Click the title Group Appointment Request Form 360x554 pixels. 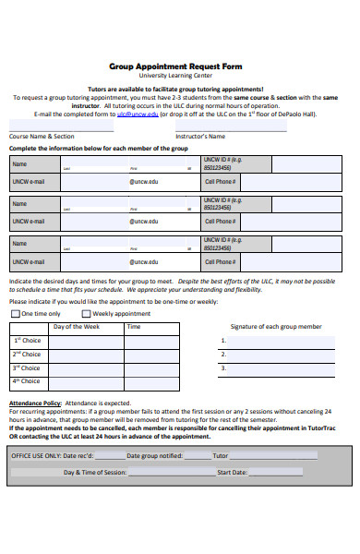[x=175, y=67]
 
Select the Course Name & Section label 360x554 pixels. [x=42, y=136]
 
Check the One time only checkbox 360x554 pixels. [x=15, y=314]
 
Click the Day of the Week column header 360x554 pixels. [x=77, y=327]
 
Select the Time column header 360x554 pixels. [x=134, y=327]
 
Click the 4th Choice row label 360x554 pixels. [x=27, y=381]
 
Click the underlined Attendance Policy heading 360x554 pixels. [x=35, y=403]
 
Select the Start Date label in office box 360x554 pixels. [x=231, y=472]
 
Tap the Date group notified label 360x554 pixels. [x=154, y=455]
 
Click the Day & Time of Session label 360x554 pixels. [x=94, y=472]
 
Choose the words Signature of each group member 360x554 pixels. [x=276, y=327]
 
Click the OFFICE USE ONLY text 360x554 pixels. [x=36, y=455]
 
